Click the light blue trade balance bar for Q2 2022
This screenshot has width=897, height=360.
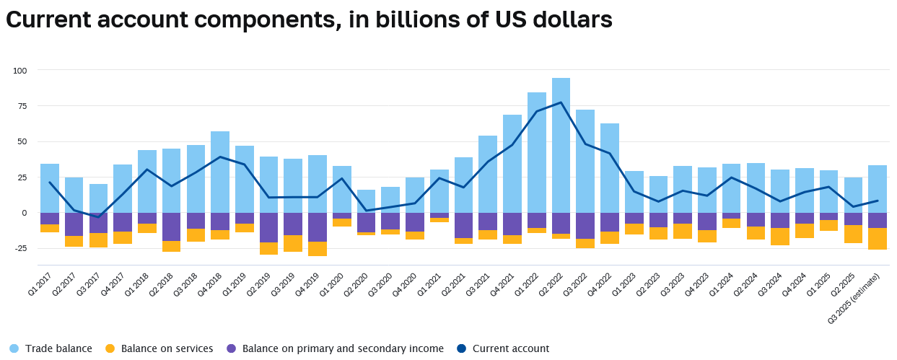click(561, 144)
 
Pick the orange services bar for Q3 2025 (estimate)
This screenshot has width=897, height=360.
click(878, 239)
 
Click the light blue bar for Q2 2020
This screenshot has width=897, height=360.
click(367, 201)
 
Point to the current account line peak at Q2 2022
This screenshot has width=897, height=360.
click(561, 102)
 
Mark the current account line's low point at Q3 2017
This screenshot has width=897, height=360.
click(98, 216)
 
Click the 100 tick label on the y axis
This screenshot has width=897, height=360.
click(19, 71)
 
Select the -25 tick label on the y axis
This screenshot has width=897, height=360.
click(18, 249)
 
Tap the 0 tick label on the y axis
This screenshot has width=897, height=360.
click(23, 213)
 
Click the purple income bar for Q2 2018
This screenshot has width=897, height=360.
click(171, 227)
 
